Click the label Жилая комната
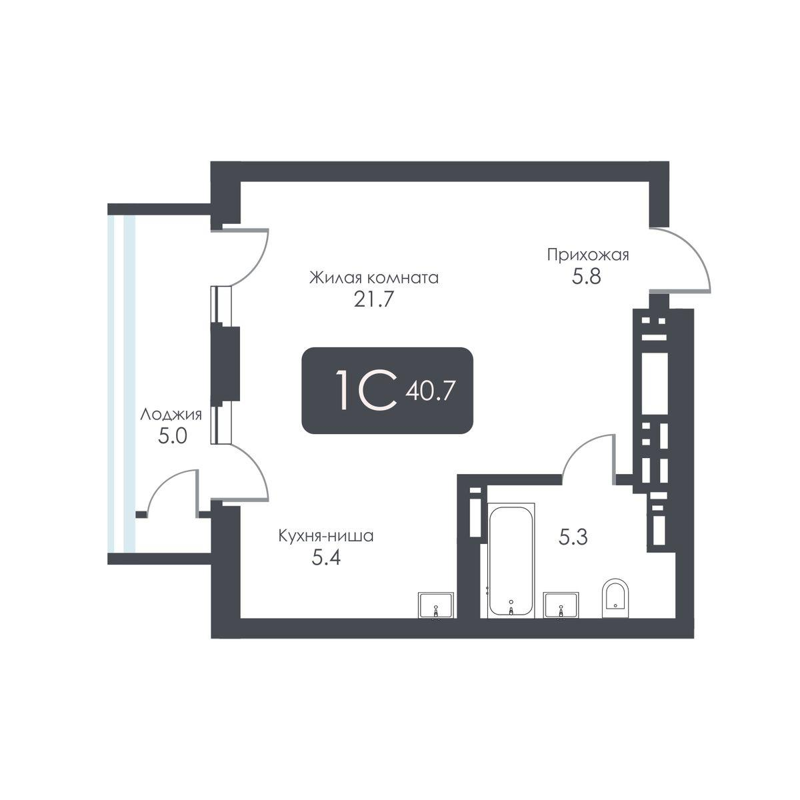373,277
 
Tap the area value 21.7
375,299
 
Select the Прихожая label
588,255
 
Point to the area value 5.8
587,276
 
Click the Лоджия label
170,415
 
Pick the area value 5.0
172,437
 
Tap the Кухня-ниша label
326,535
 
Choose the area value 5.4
327,557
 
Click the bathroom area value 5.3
573,537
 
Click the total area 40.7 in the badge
435,390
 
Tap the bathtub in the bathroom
511,562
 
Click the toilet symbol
614,599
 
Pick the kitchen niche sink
436,605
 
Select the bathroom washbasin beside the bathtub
561,605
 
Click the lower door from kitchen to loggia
247,472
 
